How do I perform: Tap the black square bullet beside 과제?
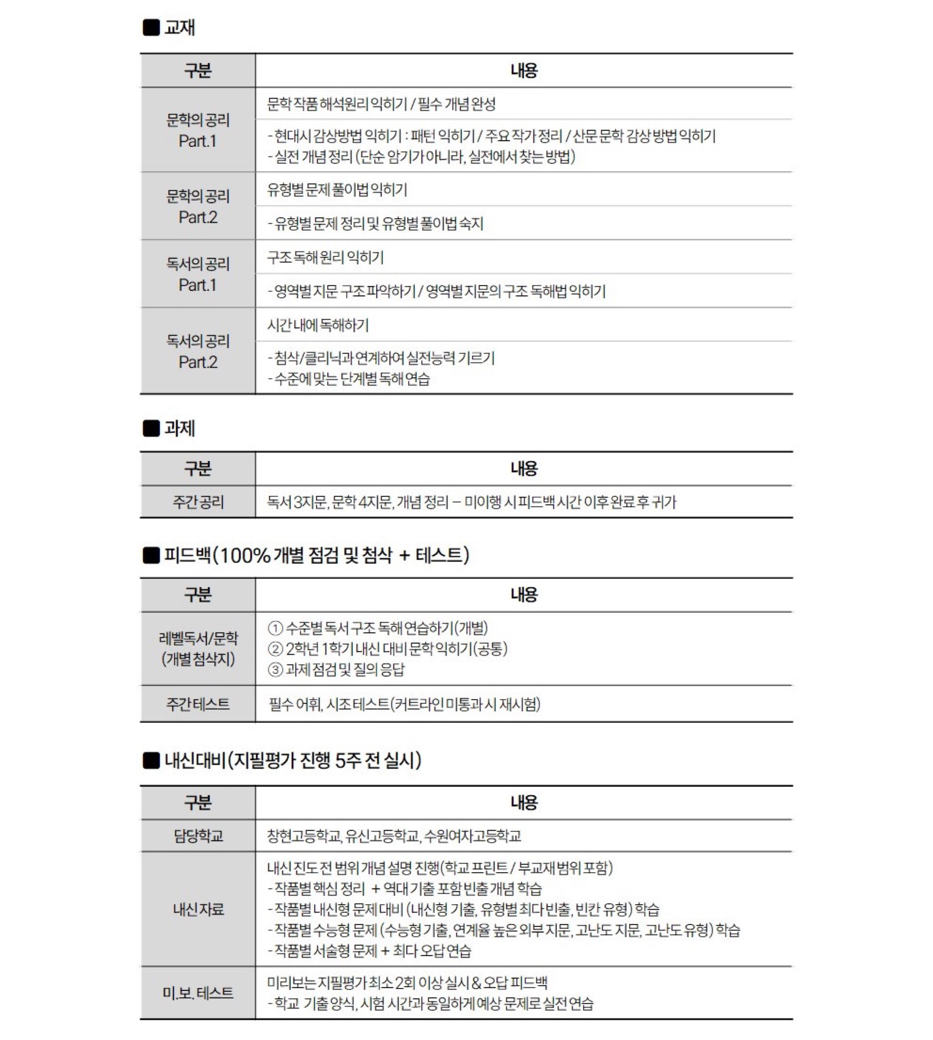click(151, 428)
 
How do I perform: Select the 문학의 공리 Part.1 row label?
click(198, 130)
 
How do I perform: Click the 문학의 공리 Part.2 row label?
click(198, 207)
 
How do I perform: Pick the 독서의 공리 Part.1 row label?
click(198, 274)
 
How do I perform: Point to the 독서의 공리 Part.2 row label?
click(198, 351)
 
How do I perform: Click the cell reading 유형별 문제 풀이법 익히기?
click(337, 190)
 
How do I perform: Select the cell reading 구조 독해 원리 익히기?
click(325, 257)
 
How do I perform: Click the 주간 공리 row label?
click(198, 502)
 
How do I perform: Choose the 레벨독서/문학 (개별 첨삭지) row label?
click(198, 649)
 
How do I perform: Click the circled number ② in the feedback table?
click(275, 649)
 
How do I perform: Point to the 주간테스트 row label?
click(198, 704)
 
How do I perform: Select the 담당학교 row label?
click(198, 836)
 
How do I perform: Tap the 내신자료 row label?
click(198, 910)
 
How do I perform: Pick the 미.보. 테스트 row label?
click(198, 993)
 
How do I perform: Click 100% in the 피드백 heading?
click(245, 555)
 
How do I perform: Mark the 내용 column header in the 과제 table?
click(524, 469)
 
